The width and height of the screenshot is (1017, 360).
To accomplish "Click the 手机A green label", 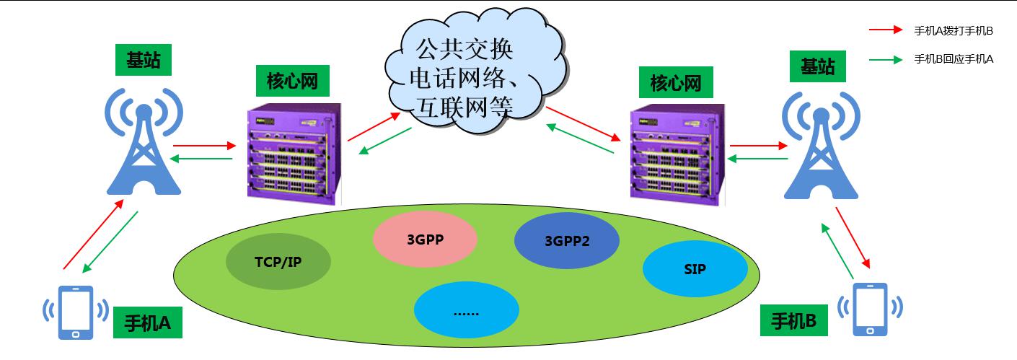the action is pyautogui.click(x=148, y=322).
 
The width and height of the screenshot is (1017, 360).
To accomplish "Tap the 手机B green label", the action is pyautogui.click(x=793, y=320).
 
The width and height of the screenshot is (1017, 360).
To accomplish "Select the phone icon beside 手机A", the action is pyautogui.click(x=75, y=312).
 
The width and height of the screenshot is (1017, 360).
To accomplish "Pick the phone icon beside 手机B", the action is pyautogui.click(x=870, y=309).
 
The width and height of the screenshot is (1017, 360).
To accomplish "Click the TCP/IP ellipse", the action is pyautogui.click(x=278, y=261).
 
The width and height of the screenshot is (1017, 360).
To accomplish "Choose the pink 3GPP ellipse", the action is pyautogui.click(x=425, y=239).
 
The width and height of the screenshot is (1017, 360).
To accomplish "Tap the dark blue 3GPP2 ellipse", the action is pyautogui.click(x=567, y=240).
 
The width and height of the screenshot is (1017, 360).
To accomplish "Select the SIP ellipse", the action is pyautogui.click(x=695, y=269).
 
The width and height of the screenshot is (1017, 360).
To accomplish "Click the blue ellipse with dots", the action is pyautogui.click(x=466, y=309).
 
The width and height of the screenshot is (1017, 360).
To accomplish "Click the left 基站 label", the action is pyautogui.click(x=144, y=59).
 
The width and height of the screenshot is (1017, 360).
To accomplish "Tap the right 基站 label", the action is pyautogui.click(x=818, y=66).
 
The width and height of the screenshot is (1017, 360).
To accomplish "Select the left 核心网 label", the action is pyautogui.click(x=292, y=81).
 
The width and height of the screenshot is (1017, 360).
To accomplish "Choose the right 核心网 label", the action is pyautogui.click(x=676, y=82).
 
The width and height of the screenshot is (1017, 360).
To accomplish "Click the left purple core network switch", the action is pyautogui.click(x=294, y=154).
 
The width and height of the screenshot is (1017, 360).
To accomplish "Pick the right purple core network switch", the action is pyautogui.click(x=677, y=155).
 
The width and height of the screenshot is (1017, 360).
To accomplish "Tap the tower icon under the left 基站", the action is pyautogui.click(x=144, y=141).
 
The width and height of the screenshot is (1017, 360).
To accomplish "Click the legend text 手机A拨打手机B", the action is pyautogui.click(x=954, y=31).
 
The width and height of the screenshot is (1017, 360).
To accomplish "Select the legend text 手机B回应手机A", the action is pyautogui.click(x=954, y=59).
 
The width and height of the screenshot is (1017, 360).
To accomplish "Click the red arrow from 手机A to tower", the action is pyautogui.click(x=94, y=234).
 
